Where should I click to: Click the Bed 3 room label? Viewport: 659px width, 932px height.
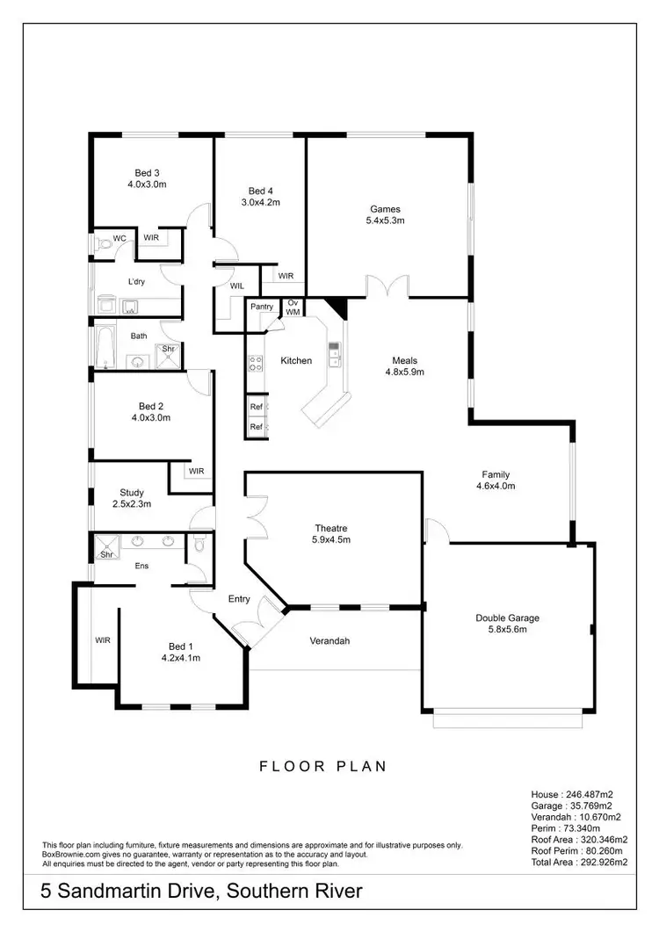point(147,172)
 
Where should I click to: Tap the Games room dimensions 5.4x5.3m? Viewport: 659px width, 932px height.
point(385,220)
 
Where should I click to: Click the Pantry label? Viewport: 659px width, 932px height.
point(262,307)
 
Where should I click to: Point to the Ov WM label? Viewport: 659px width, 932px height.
point(293,307)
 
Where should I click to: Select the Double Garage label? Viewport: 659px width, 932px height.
point(507,618)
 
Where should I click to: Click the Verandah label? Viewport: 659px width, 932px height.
point(329,640)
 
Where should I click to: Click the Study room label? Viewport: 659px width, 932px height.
point(132,493)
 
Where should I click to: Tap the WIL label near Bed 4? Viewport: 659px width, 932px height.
point(237,285)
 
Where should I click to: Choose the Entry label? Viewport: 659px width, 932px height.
point(239,599)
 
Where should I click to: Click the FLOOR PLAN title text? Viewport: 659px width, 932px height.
point(322,766)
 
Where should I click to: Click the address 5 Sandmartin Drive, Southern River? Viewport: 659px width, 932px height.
point(201,892)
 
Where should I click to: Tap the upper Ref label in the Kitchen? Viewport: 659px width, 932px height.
point(256,407)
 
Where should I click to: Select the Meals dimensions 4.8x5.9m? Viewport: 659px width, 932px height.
point(405,372)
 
